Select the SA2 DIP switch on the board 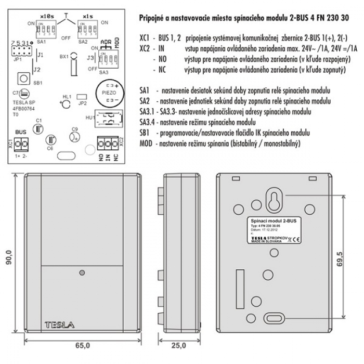click(85, 25)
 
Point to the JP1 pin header click(20, 52)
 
